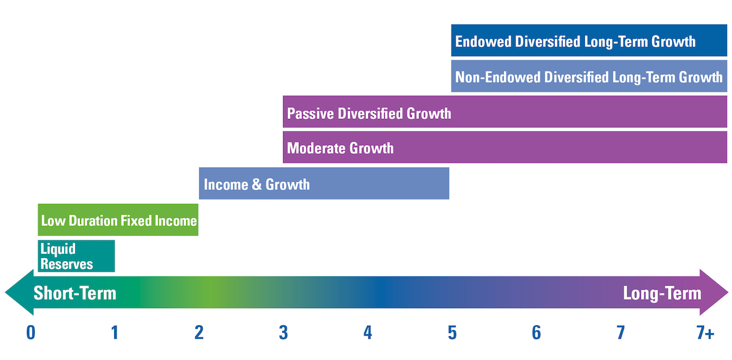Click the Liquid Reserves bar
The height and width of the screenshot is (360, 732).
coord(76,256)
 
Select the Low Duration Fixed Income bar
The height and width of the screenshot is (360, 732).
coord(118,220)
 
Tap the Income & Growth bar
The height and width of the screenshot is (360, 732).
coord(324,184)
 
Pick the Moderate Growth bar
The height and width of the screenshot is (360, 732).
coord(505,147)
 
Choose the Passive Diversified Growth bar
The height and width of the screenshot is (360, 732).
coord(505,112)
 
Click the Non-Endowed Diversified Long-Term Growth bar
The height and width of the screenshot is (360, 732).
coord(589,76)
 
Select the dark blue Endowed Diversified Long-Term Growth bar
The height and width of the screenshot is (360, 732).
coord(589,40)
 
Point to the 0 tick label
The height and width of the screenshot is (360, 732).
coord(30,333)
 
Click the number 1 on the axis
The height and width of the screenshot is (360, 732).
coord(115,333)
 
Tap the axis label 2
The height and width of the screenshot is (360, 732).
coord(199,333)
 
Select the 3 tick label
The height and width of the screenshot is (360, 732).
coord(283,333)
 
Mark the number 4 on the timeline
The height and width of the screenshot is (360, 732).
coord(368,333)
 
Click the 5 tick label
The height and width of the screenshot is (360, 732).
coord(452,333)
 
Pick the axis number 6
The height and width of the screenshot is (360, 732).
coord(536,333)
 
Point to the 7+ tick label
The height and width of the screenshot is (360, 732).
coord(705,333)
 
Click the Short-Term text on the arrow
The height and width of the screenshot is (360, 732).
coord(75,293)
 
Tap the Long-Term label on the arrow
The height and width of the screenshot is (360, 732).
coord(662,293)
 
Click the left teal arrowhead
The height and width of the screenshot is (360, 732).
coord(20,292)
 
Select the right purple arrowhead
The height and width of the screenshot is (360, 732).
coord(714,292)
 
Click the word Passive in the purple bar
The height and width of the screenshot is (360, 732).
coord(310,113)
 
